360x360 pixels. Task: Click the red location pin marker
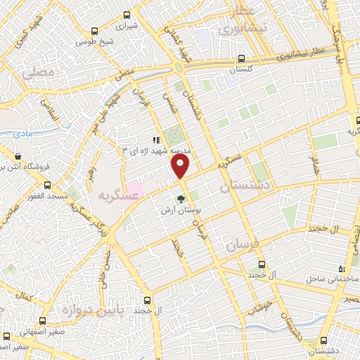click(181, 166)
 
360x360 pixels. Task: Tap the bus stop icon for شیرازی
click(127, 15)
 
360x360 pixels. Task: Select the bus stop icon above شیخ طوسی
click(96, 30)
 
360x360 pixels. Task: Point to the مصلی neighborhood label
click(37, 72)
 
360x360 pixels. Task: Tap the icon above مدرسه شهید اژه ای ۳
click(156, 139)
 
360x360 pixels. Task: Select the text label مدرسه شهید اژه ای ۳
click(157, 150)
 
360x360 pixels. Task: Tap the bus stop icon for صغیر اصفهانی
click(6, 335)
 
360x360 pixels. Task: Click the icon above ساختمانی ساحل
click(342, 268)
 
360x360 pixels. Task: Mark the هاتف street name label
click(315, 167)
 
